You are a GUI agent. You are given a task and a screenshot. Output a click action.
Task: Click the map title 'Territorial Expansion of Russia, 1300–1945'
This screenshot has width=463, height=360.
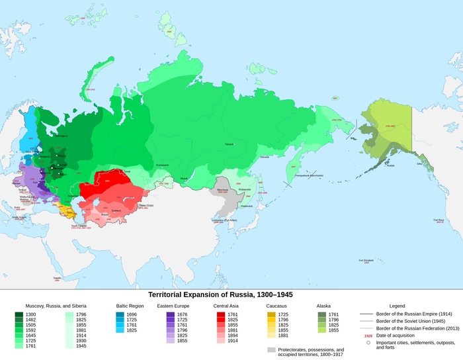click(220, 294)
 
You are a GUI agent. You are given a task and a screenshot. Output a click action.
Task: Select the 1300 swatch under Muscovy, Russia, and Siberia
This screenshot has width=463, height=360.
click(19, 314)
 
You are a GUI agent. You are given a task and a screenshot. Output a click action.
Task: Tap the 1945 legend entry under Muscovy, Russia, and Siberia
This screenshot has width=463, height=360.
click(70, 346)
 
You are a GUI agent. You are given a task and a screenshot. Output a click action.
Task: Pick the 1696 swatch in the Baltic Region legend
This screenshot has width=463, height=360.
click(120, 314)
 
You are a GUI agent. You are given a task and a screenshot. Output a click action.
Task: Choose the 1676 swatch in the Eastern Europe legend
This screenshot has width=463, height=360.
click(170, 314)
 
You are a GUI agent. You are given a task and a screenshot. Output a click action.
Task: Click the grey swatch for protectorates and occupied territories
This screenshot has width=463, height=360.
click(271, 350)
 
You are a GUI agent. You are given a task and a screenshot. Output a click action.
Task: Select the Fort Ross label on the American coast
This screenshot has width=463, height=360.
click(439, 220)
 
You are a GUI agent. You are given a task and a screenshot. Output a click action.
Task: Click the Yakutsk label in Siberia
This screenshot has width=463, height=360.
click(230, 144)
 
